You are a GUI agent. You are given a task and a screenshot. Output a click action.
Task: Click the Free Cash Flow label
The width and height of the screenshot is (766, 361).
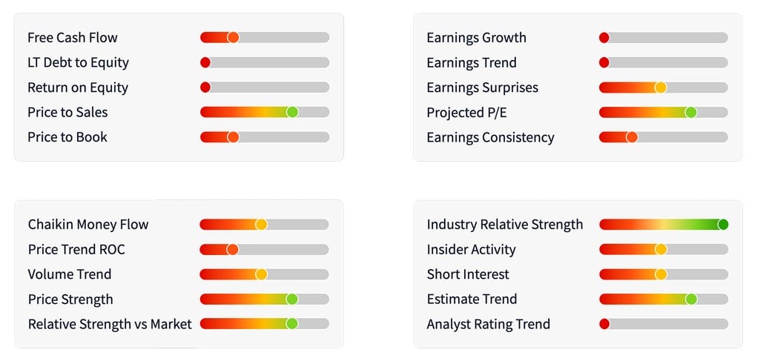pyautogui.click(x=73, y=38)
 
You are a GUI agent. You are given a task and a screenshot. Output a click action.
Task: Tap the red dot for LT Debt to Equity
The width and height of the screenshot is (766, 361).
pyautogui.click(x=205, y=63)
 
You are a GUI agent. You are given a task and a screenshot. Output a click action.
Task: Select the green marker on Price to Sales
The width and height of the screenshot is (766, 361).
pyautogui.click(x=292, y=113)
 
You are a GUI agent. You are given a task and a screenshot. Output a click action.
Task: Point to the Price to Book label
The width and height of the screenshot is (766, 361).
pyautogui.click(x=67, y=137)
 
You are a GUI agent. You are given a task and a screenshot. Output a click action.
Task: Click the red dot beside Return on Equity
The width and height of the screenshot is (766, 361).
pyautogui.click(x=205, y=87)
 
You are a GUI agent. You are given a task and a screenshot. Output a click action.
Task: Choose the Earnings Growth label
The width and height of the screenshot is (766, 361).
pyautogui.click(x=476, y=38)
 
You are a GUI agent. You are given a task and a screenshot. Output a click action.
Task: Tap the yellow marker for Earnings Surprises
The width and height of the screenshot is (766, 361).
pyautogui.click(x=661, y=87)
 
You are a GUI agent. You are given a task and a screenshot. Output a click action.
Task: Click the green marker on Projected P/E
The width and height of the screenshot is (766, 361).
pyautogui.click(x=691, y=113)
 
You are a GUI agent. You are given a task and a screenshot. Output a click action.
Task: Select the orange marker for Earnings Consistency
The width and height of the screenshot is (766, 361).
pyautogui.click(x=632, y=137)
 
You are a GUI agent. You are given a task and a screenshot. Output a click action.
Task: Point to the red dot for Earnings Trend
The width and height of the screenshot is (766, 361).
pyautogui.click(x=604, y=63)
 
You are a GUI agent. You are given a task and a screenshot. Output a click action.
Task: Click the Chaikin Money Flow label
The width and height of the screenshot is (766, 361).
pyautogui.click(x=88, y=225)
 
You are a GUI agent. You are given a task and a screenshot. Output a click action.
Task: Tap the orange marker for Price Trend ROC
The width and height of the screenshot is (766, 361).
pyautogui.click(x=232, y=250)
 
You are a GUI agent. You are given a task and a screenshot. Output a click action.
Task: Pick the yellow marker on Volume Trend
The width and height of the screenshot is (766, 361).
pyautogui.click(x=261, y=274)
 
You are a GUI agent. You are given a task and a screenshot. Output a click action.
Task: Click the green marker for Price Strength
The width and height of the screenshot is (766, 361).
pyautogui.click(x=292, y=299)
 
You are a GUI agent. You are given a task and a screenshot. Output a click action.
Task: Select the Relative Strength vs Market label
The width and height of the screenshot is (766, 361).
pyautogui.click(x=110, y=324)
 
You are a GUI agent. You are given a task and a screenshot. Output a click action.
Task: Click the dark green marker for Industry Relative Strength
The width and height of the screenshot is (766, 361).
pyautogui.click(x=723, y=225)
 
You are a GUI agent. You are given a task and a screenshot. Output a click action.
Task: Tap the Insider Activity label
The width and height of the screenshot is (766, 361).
pyautogui.click(x=471, y=250)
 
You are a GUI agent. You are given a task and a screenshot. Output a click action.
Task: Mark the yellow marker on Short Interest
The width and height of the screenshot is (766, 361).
pyautogui.click(x=661, y=274)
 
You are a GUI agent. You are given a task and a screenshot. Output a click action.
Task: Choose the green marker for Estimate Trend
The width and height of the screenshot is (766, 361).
pyautogui.click(x=691, y=299)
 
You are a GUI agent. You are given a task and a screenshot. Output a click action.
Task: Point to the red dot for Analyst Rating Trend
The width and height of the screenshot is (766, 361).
pyautogui.click(x=604, y=324)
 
